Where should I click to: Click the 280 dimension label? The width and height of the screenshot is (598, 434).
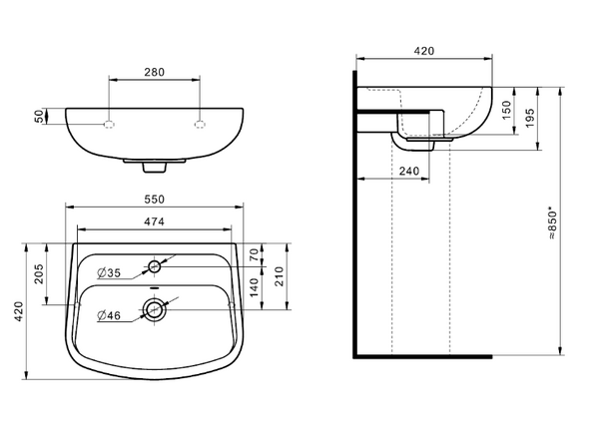(154, 72)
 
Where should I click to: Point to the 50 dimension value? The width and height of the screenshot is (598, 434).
(39, 116)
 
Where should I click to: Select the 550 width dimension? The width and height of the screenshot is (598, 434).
(154, 200)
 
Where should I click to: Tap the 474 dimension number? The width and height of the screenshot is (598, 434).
(154, 221)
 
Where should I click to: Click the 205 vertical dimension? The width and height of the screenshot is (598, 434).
(39, 273)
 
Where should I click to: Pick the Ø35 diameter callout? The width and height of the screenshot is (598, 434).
(109, 272)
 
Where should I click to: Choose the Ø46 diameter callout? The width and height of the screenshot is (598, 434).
(109, 315)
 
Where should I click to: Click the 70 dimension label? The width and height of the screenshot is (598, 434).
(254, 254)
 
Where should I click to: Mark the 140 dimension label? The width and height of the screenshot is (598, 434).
(254, 288)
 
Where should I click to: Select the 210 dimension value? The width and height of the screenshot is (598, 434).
(280, 276)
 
